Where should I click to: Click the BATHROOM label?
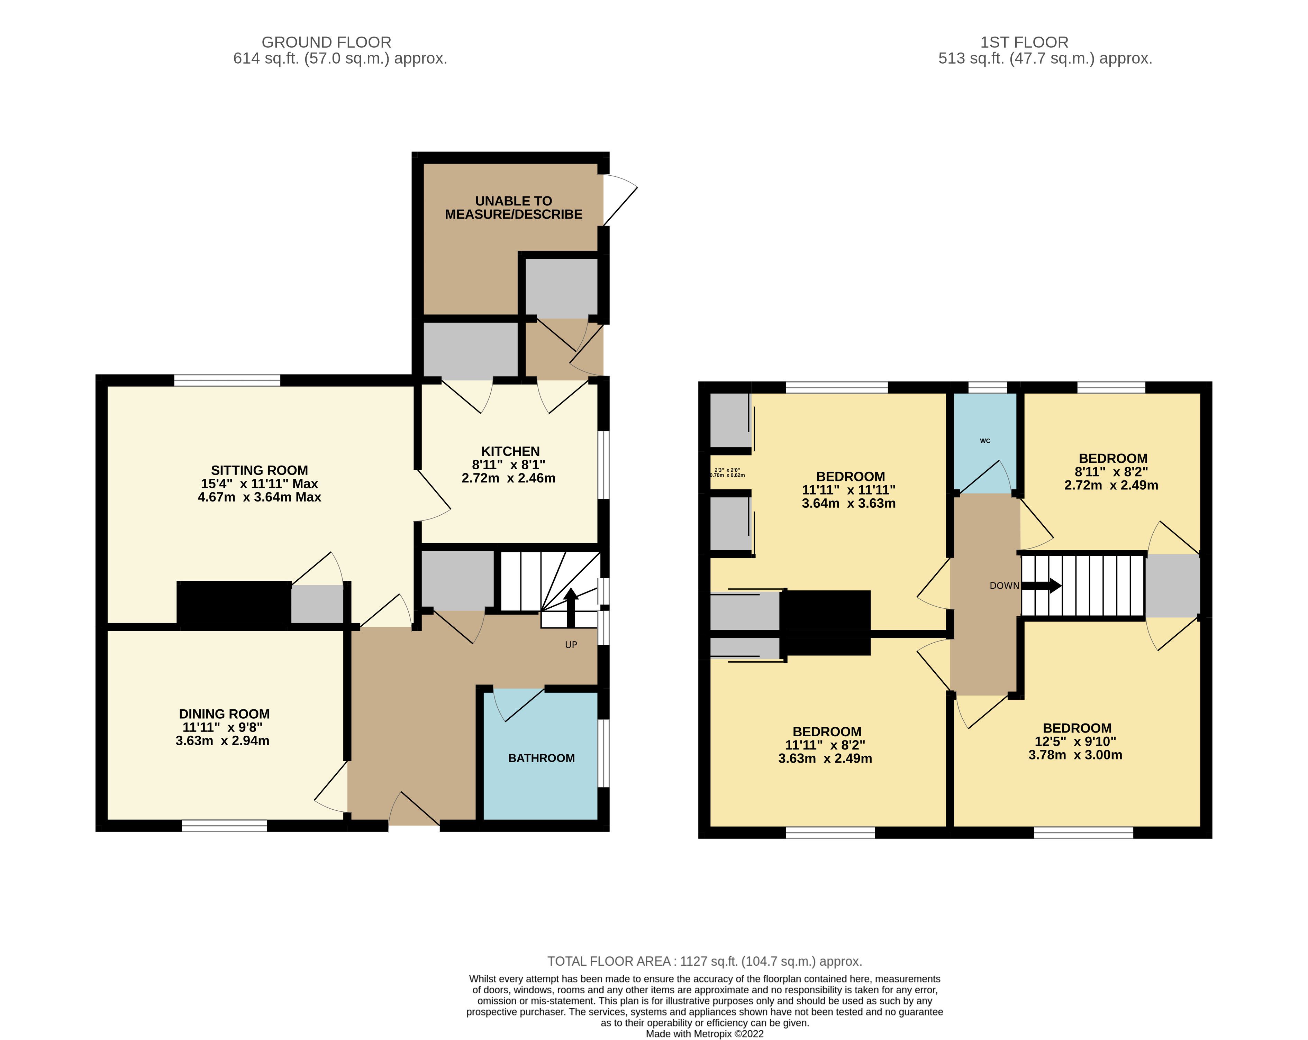(x=541, y=758)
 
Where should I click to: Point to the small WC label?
(x=985, y=441)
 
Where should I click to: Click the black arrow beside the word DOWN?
(x=1042, y=586)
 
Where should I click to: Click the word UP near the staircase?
(x=571, y=645)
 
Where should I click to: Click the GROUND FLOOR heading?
(x=326, y=43)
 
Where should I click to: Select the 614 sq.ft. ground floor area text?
(x=340, y=59)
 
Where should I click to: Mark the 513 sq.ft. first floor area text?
(x=1045, y=59)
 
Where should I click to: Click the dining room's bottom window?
(x=225, y=825)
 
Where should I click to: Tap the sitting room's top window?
(x=227, y=380)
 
